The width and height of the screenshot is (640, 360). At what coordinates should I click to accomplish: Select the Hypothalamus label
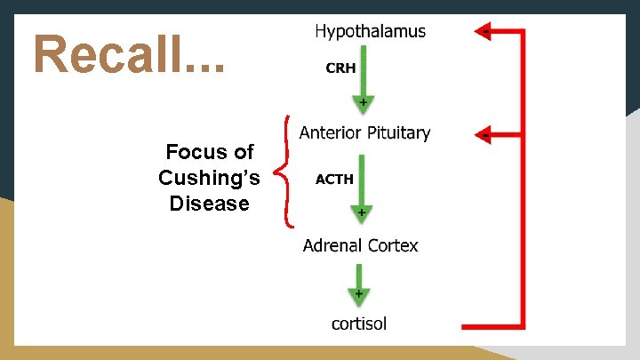tap(370, 31)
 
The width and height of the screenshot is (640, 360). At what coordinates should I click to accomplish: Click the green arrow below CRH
tap(363, 83)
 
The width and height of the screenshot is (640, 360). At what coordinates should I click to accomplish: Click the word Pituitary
tap(396, 133)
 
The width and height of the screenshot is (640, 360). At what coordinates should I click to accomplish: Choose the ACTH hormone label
tap(335, 179)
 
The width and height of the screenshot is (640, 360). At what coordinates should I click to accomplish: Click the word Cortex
tap(393, 245)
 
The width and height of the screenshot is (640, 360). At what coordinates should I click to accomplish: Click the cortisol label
tap(359, 324)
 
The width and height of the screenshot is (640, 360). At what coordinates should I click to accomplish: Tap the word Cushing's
tap(209, 178)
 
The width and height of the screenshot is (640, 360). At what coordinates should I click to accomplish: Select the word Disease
tap(209, 204)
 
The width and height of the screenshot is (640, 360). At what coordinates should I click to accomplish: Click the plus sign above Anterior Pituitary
tap(363, 104)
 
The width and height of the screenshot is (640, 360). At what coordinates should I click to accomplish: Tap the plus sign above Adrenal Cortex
tap(361, 213)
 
